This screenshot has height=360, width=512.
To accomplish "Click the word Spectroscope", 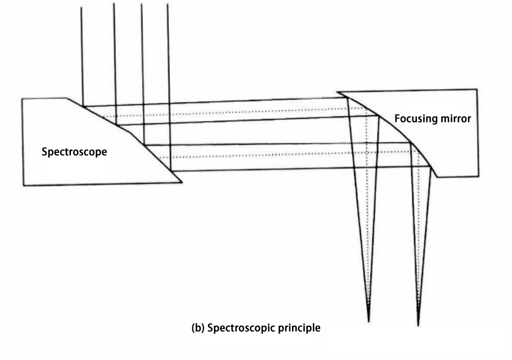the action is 74,152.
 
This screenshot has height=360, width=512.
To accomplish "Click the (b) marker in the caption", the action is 198,328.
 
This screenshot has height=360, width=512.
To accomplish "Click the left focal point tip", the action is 369,322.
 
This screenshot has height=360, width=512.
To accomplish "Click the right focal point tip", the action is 418,326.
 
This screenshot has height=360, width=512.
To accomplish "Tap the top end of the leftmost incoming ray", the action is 82,7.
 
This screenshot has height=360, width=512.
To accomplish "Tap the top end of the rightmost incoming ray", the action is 168,4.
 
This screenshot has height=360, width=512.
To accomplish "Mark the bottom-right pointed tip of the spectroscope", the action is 182,182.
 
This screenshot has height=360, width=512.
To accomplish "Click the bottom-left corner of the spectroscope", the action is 24,186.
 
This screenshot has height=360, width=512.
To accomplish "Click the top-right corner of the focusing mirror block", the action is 477,89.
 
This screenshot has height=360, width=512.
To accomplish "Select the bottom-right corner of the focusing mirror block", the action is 478,176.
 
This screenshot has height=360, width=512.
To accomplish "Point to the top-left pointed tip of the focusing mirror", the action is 337,92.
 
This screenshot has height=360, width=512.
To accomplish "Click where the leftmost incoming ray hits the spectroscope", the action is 83,106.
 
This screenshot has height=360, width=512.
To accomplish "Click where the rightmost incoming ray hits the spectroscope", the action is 170,170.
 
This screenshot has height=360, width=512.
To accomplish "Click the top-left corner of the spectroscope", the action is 22,98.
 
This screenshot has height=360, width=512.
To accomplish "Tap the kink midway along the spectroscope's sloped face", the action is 131,133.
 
